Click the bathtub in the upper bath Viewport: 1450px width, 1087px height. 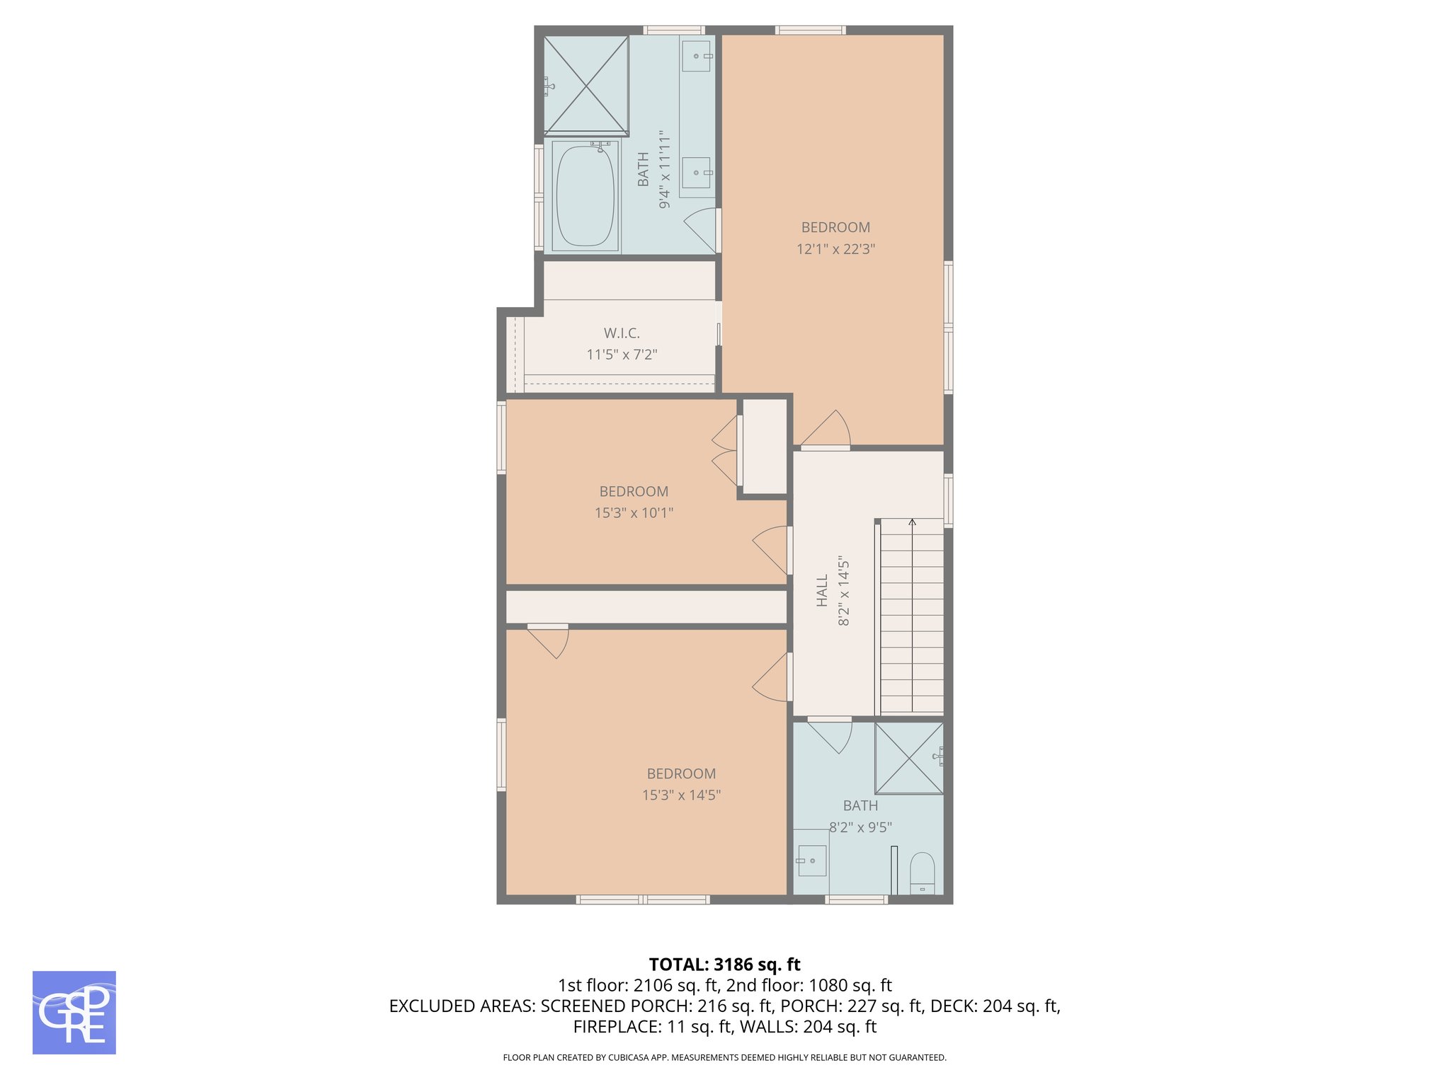tap(585, 196)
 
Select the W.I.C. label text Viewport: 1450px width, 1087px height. tap(622, 333)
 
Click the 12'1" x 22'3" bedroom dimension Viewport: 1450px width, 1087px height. tap(835, 249)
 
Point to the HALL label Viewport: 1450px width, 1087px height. tap(822, 590)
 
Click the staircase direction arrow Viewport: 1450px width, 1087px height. tap(912, 524)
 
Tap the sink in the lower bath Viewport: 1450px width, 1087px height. tap(811, 861)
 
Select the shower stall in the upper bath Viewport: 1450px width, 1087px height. tap(586, 85)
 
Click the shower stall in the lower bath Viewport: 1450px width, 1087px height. tap(908, 757)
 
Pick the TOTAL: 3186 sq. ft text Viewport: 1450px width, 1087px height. tap(724, 965)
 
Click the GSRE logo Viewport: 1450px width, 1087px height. tap(74, 1012)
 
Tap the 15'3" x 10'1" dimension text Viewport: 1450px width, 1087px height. tap(634, 513)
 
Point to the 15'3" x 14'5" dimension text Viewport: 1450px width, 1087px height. tap(681, 795)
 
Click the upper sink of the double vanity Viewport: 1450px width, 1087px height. tap(696, 56)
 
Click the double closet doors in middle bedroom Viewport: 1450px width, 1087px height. tap(726, 450)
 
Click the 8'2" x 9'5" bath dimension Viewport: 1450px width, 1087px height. tap(860, 827)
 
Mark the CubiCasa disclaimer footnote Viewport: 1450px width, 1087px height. tap(724, 1058)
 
